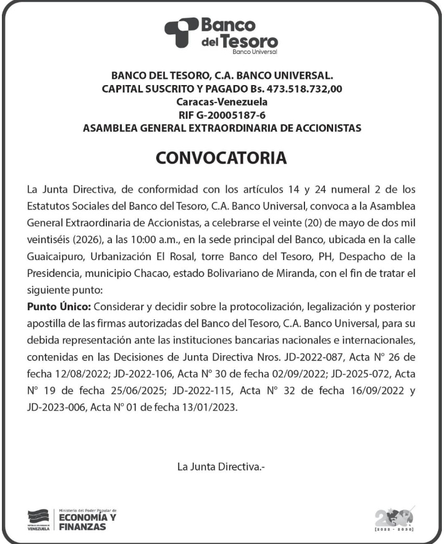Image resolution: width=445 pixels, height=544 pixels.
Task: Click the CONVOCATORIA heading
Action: (x=222, y=158)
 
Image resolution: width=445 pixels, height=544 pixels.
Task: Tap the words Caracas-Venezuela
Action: (x=222, y=101)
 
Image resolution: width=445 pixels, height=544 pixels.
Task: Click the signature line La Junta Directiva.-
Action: (x=222, y=467)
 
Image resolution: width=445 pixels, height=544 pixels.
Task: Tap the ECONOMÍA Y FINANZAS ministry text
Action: (x=87, y=521)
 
